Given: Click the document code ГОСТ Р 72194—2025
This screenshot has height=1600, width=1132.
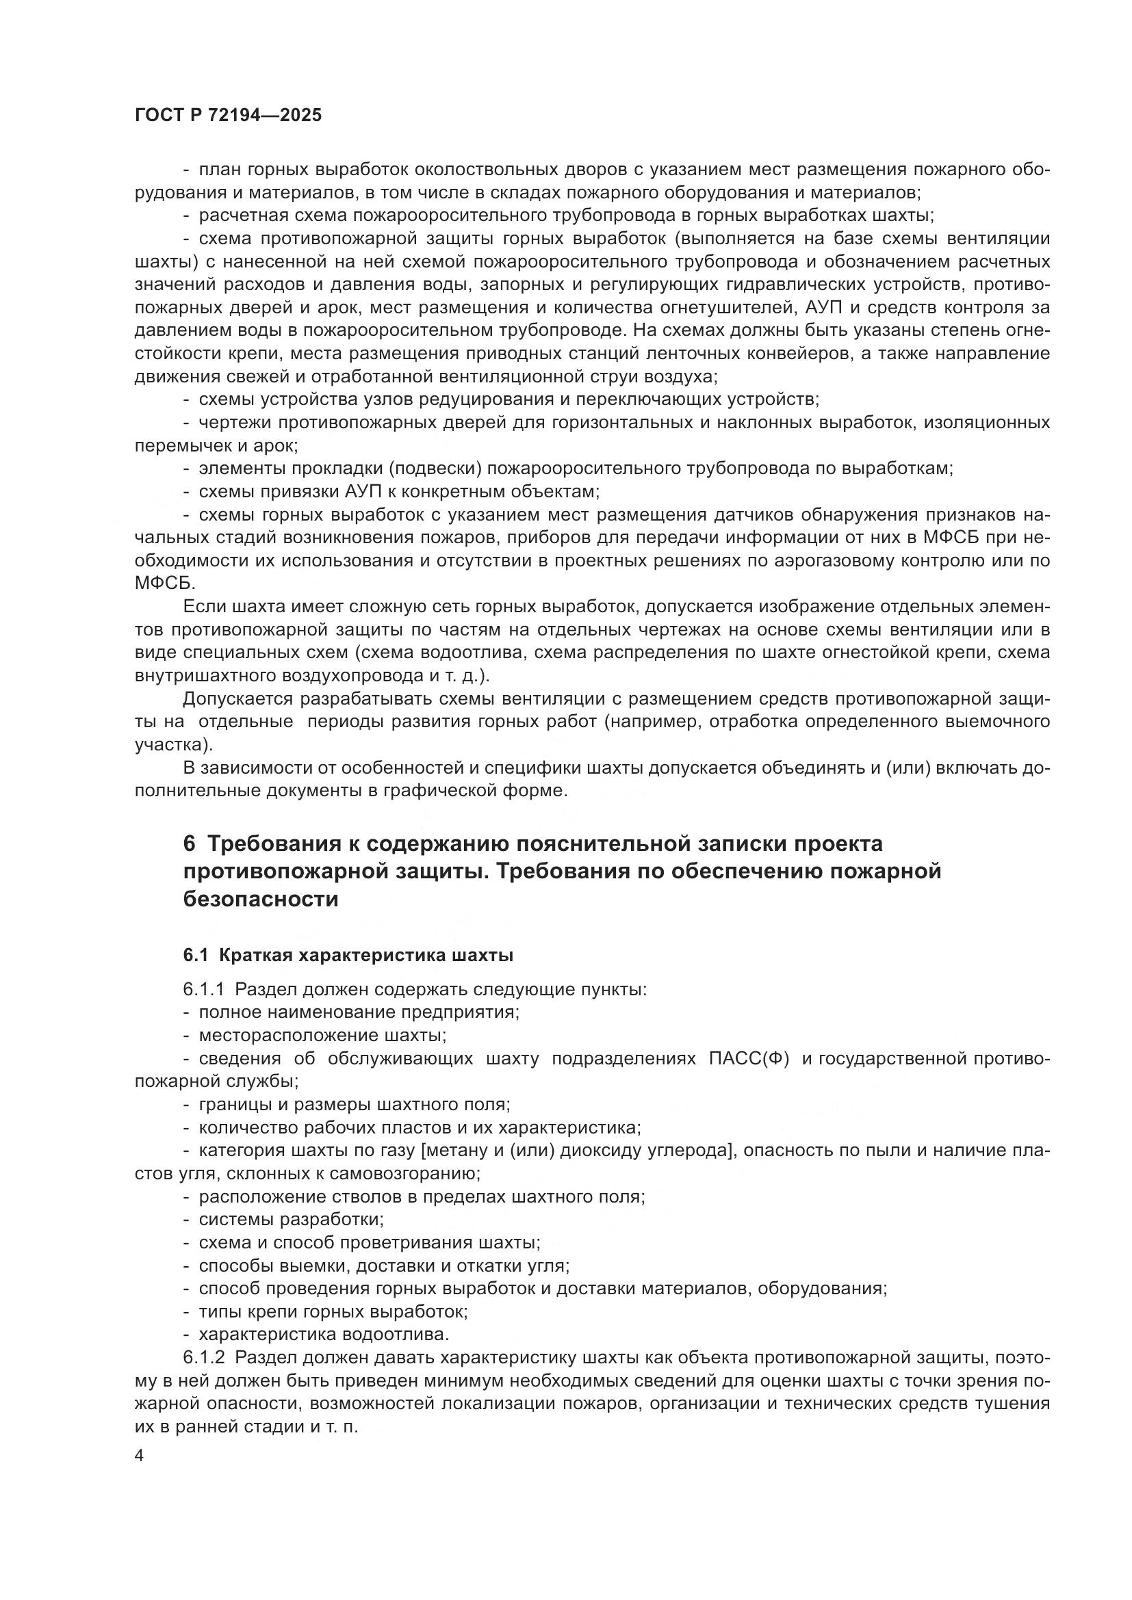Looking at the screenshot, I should pyautogui.click(x=228, y=116).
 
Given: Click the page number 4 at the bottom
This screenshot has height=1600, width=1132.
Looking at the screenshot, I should pyautogui.click(x=139, y=1456).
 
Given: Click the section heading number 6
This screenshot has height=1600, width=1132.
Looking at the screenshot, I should pyautogui.click(x=190, y=844).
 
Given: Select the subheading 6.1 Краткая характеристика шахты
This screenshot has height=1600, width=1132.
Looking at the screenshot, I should pyautogui.click(x=348, y=956).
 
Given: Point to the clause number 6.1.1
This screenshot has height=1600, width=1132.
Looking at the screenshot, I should pyautogui.click(x=203, y=990).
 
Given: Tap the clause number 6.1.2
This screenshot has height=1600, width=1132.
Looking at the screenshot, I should pyautogui.click(x=203, y=1357).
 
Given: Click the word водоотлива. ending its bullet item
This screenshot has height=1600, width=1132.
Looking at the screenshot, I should pyautogui.click(x=395, y=1335).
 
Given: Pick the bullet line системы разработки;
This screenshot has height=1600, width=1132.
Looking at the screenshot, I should pyautogui.click(x=292, y=1220).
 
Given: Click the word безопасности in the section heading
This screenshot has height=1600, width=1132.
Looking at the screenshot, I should pyautogui.click(x=261, y=900).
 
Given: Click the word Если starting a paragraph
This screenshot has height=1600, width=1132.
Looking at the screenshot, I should pyautogui.click(x=201, y=607).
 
